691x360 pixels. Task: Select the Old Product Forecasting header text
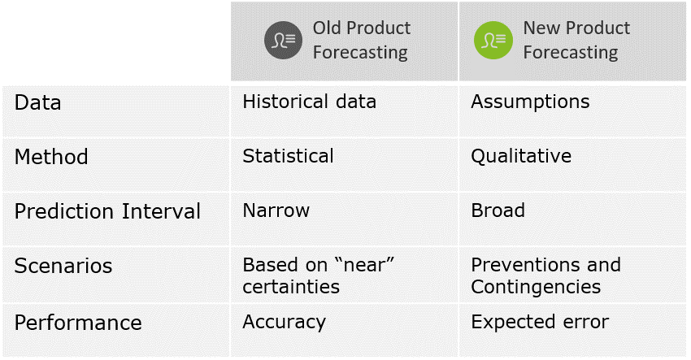pyautogui.click(x=361, y=41)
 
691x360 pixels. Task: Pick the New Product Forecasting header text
pyautogui.click(x=576, y=41)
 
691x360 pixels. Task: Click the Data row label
pyautogui.click(x=38, y=103)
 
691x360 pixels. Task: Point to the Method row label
pyautogui.click(x=51, y=157)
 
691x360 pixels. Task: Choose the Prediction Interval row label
pyautogui.click(x=107, y=212)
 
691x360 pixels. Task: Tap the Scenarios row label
pyautogui.click(x=63, y=267)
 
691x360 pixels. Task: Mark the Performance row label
pyautogui.click(x=78, y=323)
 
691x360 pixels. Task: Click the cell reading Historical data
pyautogui.click(x=309, y=102)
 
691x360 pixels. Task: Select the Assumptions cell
pyautogui.click(x=530, y=102)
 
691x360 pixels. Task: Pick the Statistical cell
pyautogui.click(x=288, y=156)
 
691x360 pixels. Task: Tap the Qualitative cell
pyautogui.click(x=521, y=156)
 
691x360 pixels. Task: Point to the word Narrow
pyautogui.click(x=276, y=210)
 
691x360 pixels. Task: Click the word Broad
pyautogui.click(x=498, y=210)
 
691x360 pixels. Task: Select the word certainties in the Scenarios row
pyautogui.click(x=291, y=287)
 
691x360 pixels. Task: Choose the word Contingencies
pyautogui.click(x=536, y=287)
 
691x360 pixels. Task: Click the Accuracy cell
pyautogui.click(x=284, y=322)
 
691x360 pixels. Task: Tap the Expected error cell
pyautogui.click(x=540, y=322)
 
